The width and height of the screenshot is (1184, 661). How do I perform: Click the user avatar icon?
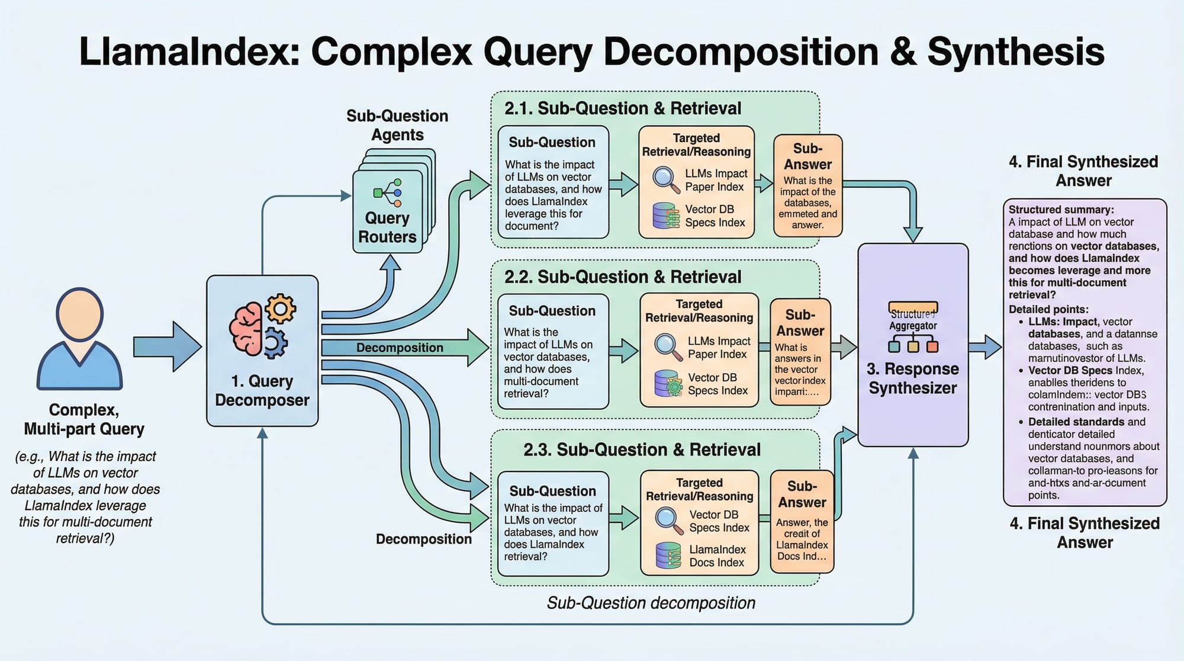(80, 339)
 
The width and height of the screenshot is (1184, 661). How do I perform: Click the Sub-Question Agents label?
(397, 125)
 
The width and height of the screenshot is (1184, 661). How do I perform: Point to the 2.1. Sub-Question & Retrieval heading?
(622, 108)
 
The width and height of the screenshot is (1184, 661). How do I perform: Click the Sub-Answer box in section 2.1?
(807, 186)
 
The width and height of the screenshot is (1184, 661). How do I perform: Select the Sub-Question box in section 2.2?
(553, 351)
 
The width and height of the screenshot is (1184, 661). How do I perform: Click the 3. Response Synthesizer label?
(912, 378)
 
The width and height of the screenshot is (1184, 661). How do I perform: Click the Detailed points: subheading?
(1048, 309)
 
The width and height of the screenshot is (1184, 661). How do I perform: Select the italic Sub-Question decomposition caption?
(651, 603)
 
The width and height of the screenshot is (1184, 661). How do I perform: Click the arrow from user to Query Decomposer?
(167, 346)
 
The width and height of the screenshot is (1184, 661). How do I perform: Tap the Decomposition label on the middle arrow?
(400, 348)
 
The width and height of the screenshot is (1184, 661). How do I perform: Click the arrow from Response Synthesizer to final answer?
(985, 346)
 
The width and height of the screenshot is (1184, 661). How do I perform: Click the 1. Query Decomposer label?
(262, 390)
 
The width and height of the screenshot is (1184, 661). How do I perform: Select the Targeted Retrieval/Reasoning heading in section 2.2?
(699, 311)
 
